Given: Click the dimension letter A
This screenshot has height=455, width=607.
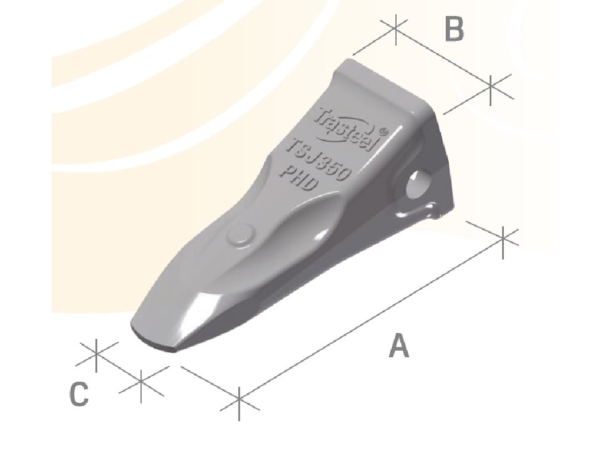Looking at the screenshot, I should (399, 346).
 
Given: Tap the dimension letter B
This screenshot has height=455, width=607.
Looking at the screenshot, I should (454, 29).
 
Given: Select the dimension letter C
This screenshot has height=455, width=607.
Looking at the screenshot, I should (79, 395).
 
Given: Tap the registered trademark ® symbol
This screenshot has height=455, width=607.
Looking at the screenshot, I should (383, 132).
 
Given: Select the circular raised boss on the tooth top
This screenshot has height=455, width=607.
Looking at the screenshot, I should (240, 234).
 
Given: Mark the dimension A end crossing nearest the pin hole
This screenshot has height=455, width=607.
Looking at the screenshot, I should (503, 238).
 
